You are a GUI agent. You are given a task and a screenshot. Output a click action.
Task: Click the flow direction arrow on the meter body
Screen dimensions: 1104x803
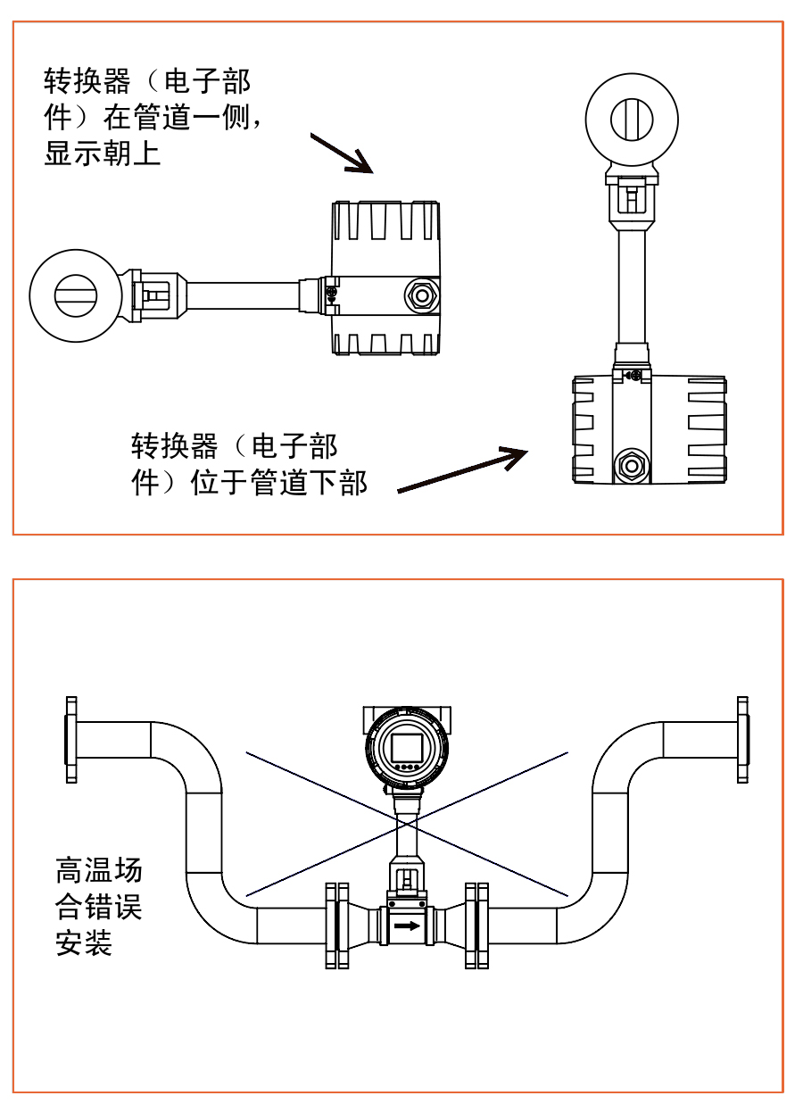(406, 926)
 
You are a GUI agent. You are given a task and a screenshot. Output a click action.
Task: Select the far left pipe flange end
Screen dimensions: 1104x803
(71, 740)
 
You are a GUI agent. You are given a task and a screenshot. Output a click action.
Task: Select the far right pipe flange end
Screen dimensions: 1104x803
(742, 740)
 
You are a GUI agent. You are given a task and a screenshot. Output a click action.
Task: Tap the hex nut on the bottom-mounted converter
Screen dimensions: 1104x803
(632, 464)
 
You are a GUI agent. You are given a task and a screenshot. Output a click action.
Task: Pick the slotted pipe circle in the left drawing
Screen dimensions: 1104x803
(74, 295)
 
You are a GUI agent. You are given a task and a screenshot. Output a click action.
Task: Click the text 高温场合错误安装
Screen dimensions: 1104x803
(98, 906)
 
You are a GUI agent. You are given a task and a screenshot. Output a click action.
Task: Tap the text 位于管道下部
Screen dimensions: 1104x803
(279, 483)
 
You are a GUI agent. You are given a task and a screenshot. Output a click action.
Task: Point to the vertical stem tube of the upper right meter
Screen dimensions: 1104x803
(632, 285)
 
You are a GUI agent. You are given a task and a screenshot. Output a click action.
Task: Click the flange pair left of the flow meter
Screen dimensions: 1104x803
(336, 926)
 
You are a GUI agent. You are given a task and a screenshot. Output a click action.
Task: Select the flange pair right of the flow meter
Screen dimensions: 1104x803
(477, 926)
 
